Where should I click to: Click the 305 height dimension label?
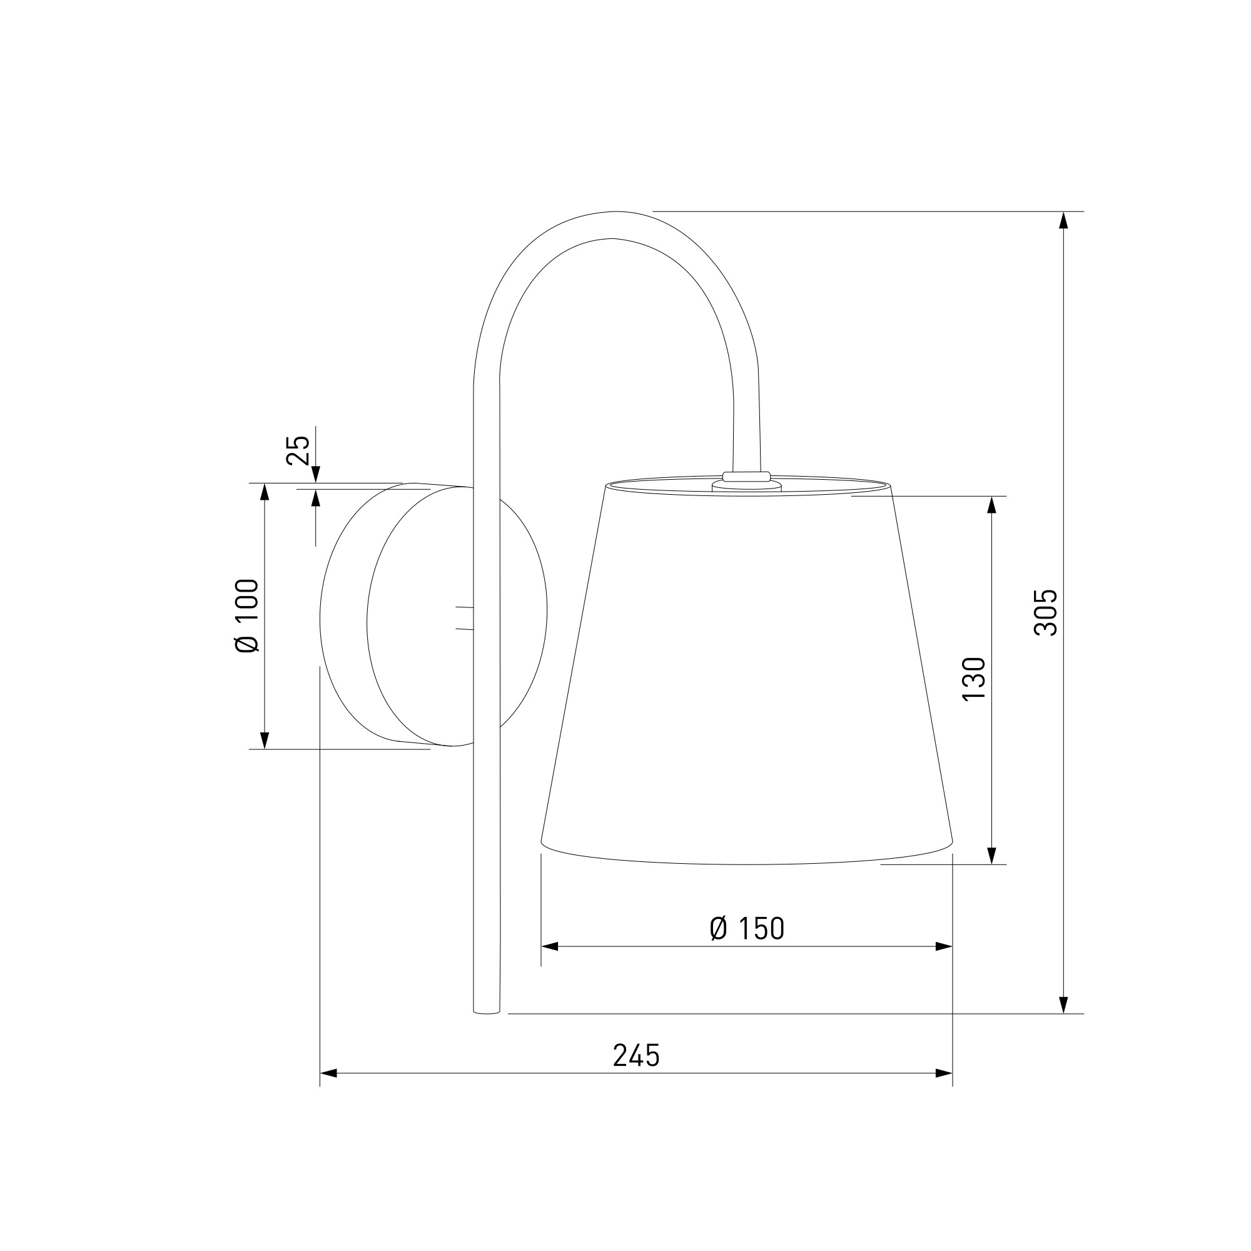click(x=1045, y=612)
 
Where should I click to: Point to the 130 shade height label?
click(x=973, y=678)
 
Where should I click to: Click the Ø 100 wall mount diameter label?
click(x=246, y=615)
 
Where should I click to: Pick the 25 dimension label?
click(x=298, y=450)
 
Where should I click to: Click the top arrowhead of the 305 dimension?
click(x=1063, y=220)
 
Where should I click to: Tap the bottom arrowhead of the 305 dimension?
click(x=1063, y=1023)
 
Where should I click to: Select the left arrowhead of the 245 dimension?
click(x=329, y=1073)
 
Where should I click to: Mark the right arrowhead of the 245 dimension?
click(x=943, y=1073)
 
